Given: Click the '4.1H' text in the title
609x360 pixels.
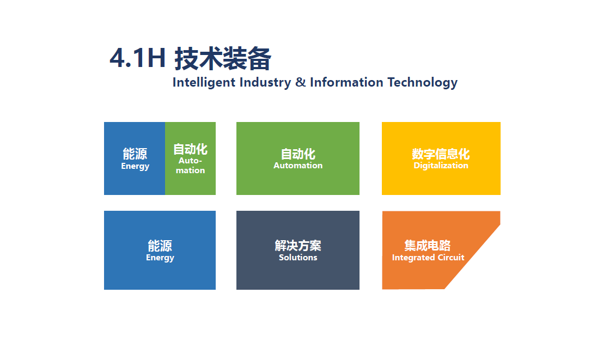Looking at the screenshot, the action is (138, 58).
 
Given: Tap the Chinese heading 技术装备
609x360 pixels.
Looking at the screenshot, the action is (223, 59).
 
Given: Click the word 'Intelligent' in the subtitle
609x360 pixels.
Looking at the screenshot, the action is (204, 82).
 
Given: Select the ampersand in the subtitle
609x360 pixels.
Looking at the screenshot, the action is (300, 82).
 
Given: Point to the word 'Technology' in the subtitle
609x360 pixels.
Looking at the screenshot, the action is (423, 82).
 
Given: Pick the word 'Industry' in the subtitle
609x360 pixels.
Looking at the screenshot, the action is (265, 82).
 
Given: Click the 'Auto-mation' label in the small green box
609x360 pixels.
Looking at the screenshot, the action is (190, 166).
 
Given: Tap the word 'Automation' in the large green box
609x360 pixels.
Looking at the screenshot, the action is (298, 166).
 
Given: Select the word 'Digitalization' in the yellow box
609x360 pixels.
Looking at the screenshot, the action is (441, 166).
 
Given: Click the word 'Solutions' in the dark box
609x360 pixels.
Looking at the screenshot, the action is (298, 258).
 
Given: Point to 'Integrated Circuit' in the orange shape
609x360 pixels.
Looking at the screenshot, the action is (428, 258).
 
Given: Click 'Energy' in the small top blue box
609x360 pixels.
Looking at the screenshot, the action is (135, 166).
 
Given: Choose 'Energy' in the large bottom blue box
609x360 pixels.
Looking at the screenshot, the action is (160, 258).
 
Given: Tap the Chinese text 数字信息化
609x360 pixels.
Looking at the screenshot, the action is (441, 154).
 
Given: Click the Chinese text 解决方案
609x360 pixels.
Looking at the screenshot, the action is (298, 246).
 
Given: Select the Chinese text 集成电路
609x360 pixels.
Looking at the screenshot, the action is (428, 246).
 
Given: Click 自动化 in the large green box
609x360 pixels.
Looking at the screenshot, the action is (298, 154).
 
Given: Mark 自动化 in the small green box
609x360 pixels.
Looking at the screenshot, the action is (190, 149).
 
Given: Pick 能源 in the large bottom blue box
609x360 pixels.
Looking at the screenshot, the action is (160, 246).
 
